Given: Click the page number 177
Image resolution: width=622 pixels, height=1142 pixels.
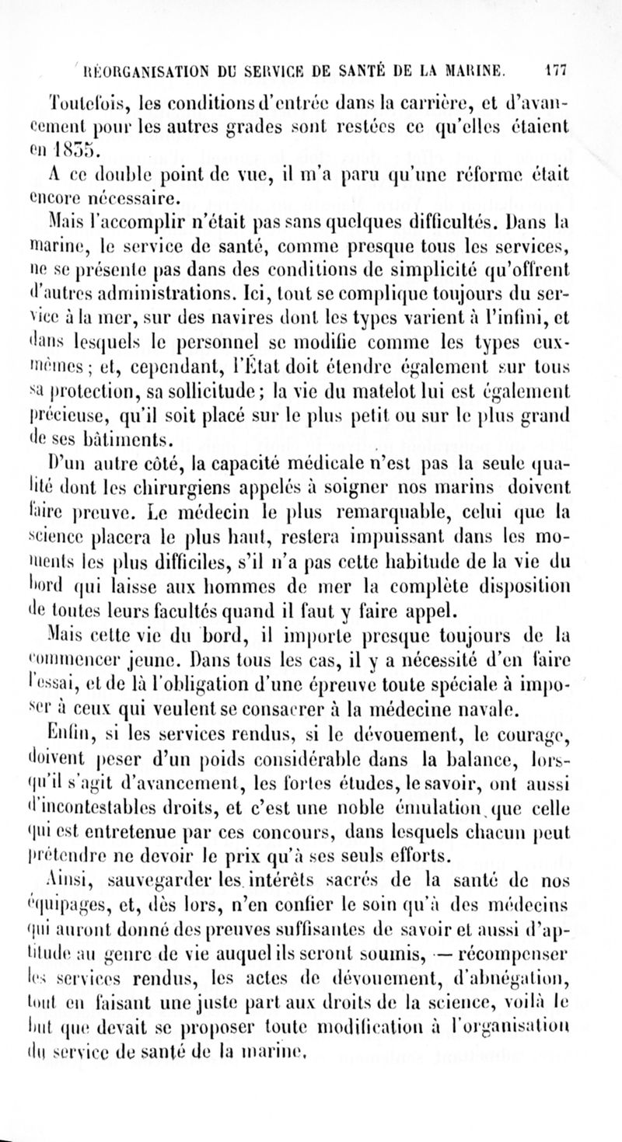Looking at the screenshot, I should coord(558,67).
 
